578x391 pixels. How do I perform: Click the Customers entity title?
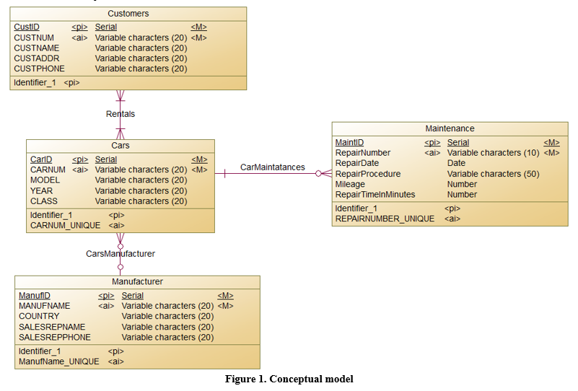(x=128, y=14)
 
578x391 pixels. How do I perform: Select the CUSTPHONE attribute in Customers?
(x=39, y=69)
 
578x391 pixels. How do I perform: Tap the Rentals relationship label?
(x=121, y=114)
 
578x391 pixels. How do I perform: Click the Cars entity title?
(x=121, y=146)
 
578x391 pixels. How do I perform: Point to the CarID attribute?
(x=41, y=159)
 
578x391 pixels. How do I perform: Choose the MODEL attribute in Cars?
(x=45, y=180)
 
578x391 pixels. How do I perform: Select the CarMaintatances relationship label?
(x=272, y=167)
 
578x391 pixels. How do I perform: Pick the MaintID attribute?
(x=350, y=143)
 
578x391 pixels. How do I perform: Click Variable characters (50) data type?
(x=493, y=174)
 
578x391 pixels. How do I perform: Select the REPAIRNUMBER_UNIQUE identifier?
(x=385, y=219)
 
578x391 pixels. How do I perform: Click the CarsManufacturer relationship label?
(x=121, y=254)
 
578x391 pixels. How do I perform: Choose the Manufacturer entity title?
(x=137, y=281)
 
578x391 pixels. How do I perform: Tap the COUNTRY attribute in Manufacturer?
(x=39, y=316)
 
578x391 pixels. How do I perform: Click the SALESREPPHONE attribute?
(x=55, y=337)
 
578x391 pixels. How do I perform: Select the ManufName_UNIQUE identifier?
(x=59, y=361)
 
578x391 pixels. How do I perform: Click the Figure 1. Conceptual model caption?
(x=289, y=379)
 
